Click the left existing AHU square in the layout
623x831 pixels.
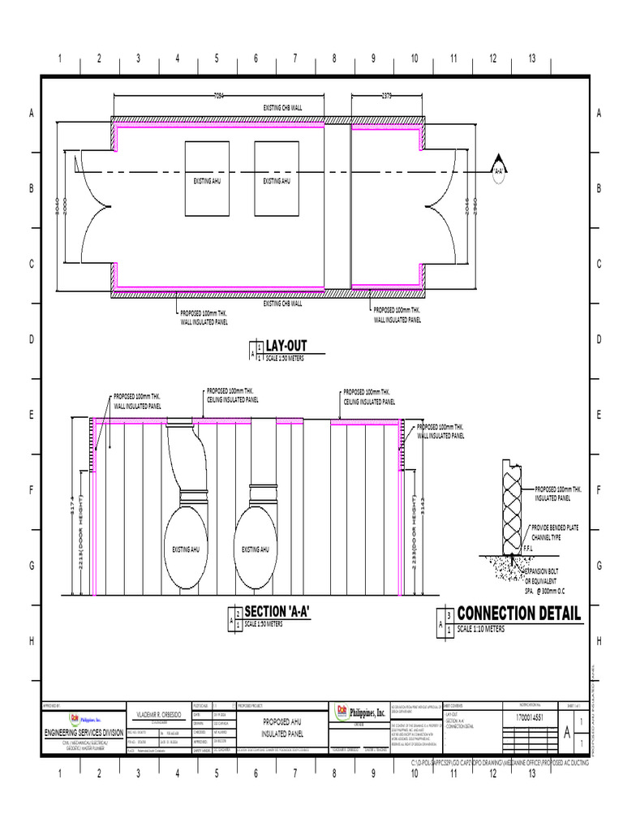(207, 179)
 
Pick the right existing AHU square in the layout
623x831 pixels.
(277, 179)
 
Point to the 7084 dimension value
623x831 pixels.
(218, 96)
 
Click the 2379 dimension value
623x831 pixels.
(386, 96)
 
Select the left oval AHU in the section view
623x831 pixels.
(191, 549)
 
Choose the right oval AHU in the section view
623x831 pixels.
(260, 549)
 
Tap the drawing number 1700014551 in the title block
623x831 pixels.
(527, 718)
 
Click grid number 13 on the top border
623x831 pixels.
(532, 58)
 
